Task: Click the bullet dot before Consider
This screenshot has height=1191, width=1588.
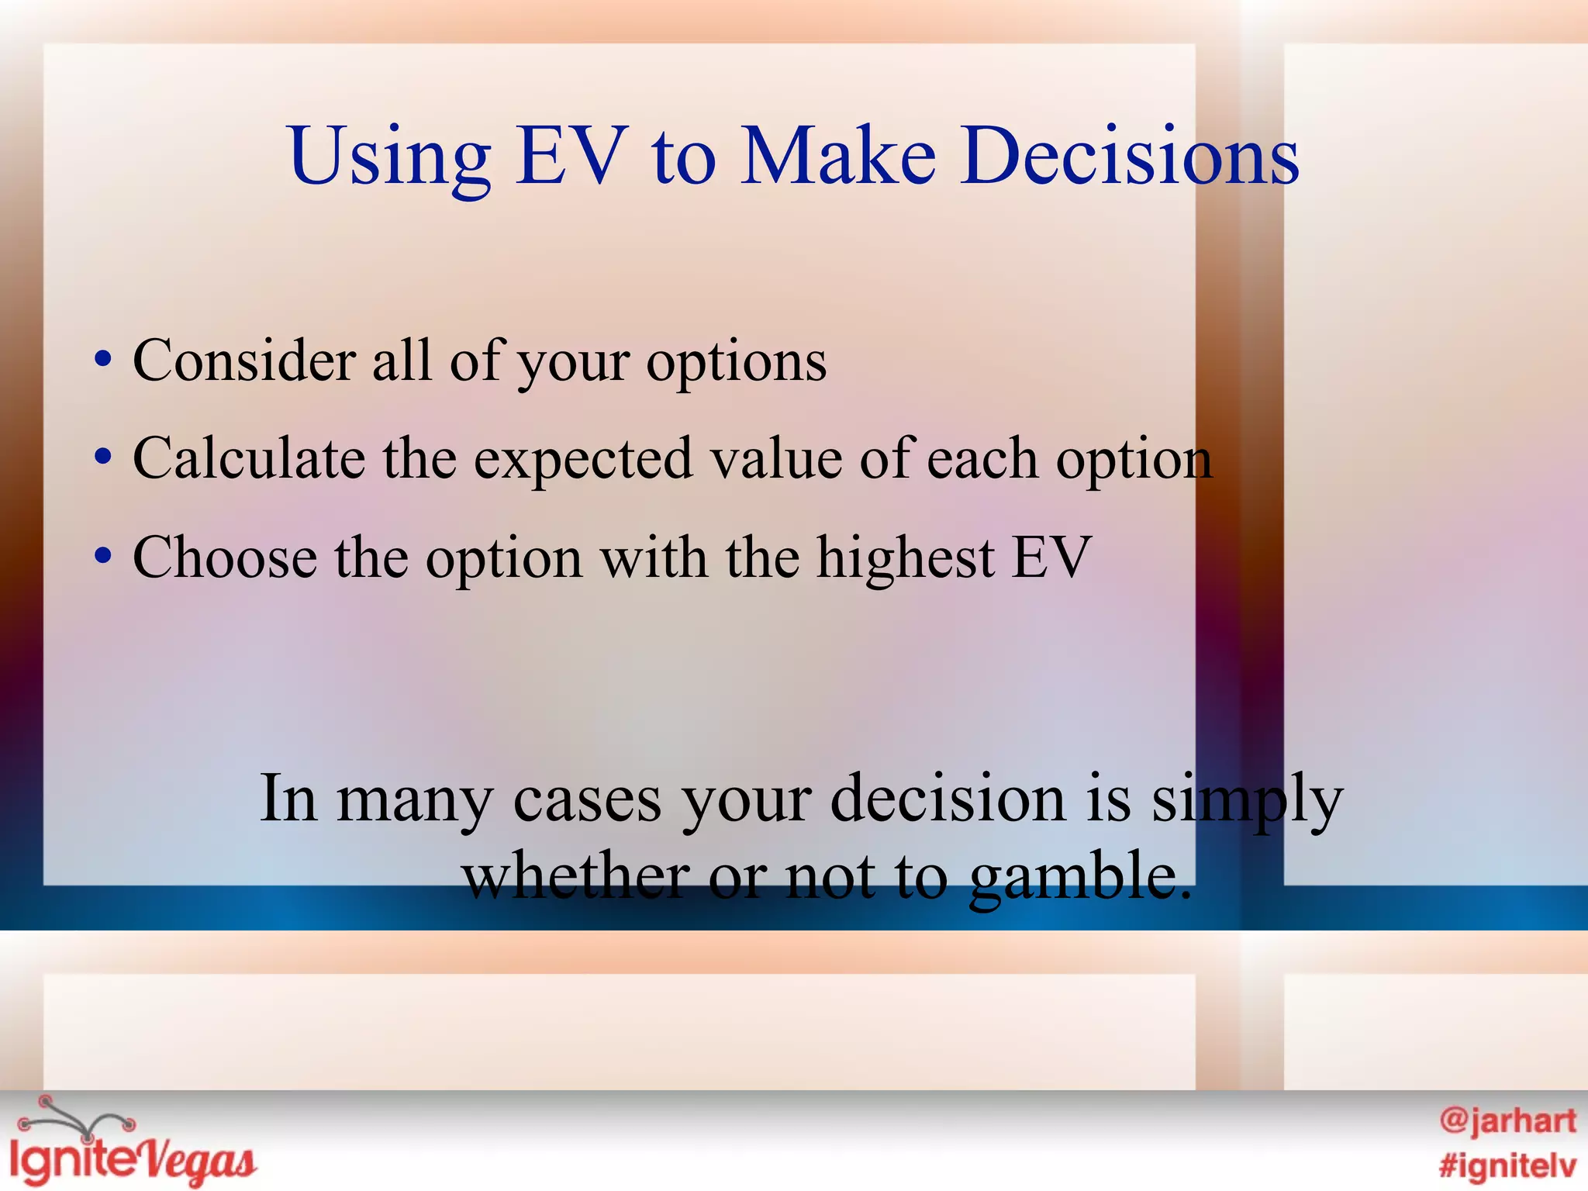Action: coord(103,360)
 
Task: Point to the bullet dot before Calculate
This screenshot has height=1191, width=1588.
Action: coord(103,457)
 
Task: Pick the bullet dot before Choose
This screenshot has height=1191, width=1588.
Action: coord(103,556)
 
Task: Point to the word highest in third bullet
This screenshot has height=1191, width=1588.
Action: coord(905,558)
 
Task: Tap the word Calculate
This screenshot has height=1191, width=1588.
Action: coord(249,459)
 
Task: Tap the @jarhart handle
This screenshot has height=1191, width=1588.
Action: coord(1507,1121)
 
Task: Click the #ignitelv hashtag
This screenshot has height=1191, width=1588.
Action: coord(1507,1165)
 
